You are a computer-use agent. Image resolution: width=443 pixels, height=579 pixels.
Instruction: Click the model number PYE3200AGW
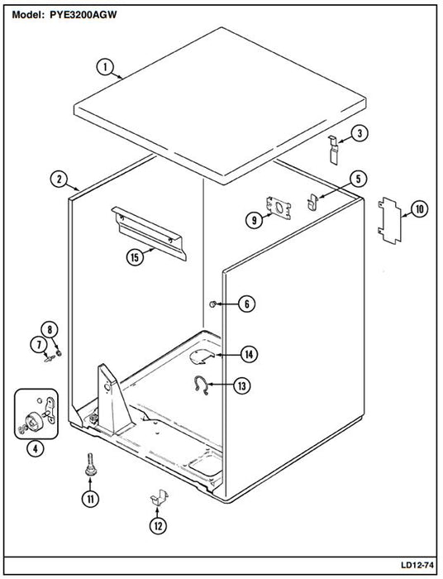click(83, 15)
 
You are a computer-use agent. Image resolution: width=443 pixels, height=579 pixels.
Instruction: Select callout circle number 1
click(105, 67)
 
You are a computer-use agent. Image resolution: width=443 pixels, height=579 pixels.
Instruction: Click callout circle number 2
click(59, 179)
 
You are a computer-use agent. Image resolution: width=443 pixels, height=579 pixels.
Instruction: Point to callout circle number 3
click(360, 133)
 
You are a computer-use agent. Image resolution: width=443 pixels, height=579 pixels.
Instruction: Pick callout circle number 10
click(420, 209)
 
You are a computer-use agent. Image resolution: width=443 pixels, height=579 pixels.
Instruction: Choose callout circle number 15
click(135, 256)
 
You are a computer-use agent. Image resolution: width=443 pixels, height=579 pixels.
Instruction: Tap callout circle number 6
click(246, 304)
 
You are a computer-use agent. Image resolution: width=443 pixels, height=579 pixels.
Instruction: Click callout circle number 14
click(249, 355)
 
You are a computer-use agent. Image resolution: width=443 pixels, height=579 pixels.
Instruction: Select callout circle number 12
click(158, 526)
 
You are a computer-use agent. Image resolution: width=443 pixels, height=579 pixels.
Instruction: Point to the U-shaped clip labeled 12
click(160, 497)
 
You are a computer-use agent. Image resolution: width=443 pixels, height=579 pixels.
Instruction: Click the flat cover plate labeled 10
click(389, 220)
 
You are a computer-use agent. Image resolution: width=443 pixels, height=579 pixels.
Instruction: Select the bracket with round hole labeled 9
click(279, 208)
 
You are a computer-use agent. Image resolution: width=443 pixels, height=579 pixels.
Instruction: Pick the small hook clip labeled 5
click(312, 203)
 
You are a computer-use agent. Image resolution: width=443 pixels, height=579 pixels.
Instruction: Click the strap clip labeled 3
click(333, 150)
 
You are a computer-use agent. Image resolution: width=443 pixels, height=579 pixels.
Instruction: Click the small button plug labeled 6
click(213, 304)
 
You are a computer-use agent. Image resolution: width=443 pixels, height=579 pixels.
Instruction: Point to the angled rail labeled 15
click(150, 233)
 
